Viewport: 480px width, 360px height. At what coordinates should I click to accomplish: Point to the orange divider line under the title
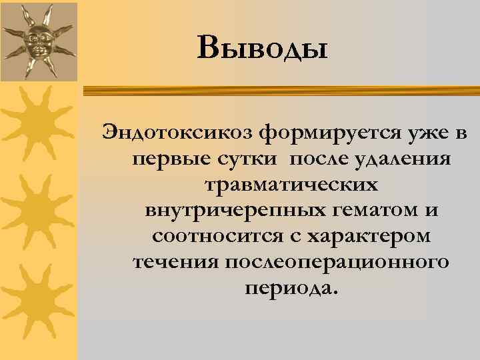280,87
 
